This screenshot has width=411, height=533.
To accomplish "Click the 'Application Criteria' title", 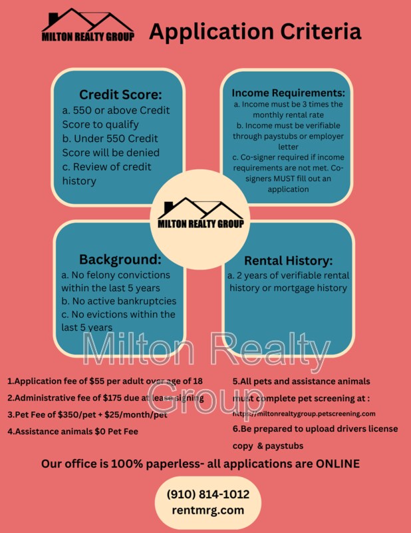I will coord(255,31).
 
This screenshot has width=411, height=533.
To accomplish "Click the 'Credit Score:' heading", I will coord(120,95).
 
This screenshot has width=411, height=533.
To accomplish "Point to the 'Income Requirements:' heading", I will coord(288,93).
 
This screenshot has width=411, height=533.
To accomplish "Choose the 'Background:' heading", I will coord(120,259).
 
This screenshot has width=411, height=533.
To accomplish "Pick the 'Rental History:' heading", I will coord(288,261).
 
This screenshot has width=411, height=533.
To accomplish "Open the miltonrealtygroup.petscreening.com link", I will coord(309,414).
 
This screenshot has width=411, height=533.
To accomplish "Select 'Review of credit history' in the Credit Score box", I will coord(106,173).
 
